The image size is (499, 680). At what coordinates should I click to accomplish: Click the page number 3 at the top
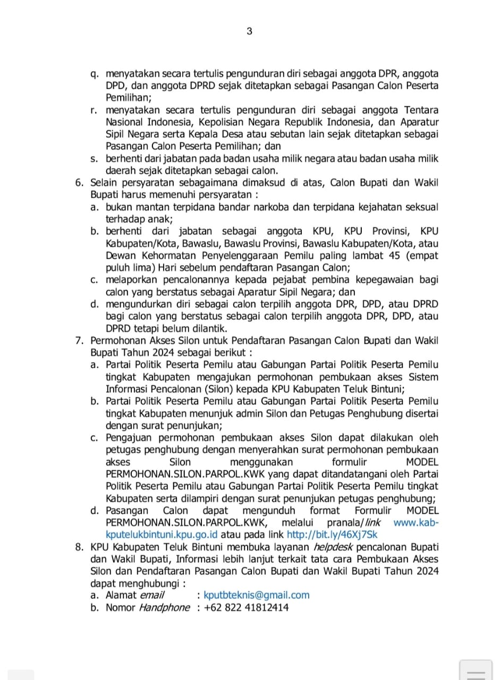[249, 31]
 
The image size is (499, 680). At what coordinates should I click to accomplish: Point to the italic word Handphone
[164, 608]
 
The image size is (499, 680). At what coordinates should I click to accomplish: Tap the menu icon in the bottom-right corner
[476, 670]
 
